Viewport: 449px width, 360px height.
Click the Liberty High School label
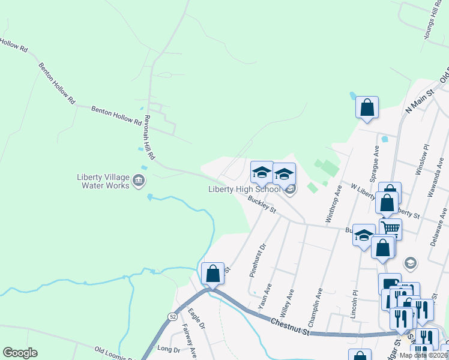(x=244, y=190)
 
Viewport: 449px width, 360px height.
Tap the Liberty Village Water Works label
(x=103, y=181)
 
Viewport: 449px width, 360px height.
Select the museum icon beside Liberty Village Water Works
(x=139, y=179)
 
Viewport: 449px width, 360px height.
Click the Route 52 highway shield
(x=172, y=316)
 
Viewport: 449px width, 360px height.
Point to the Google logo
(x=20, y=352)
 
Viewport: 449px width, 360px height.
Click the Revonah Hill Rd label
(x=146, y=137)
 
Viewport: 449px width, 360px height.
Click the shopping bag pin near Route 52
(x=212, y=274)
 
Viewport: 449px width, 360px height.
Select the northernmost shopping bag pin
(x=367, y=109)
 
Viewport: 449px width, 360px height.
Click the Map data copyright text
(x=424, y=355)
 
